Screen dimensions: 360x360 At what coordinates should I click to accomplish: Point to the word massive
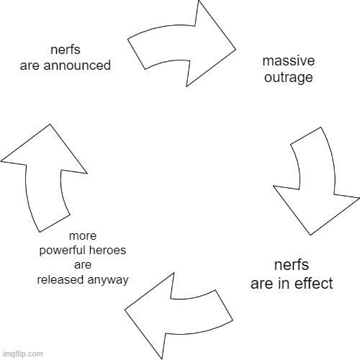tap(288, 62)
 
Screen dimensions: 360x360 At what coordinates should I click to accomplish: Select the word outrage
tap(288, 77)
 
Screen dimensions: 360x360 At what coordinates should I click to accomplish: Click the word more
tap(83, 236)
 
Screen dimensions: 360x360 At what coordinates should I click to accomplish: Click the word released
tap(61, 279)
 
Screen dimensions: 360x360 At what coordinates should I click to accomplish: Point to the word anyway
tap(108, 279)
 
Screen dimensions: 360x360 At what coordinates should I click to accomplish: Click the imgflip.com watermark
tap(22, 354)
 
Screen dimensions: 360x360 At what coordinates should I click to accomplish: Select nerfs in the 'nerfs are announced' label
tap(66, 50)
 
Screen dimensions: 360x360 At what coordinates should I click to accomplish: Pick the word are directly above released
tap(83, 264)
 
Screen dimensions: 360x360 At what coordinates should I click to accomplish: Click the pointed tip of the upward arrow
tap(50, 125)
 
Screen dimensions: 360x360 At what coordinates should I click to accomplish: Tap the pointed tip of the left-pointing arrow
tap(126, 310)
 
